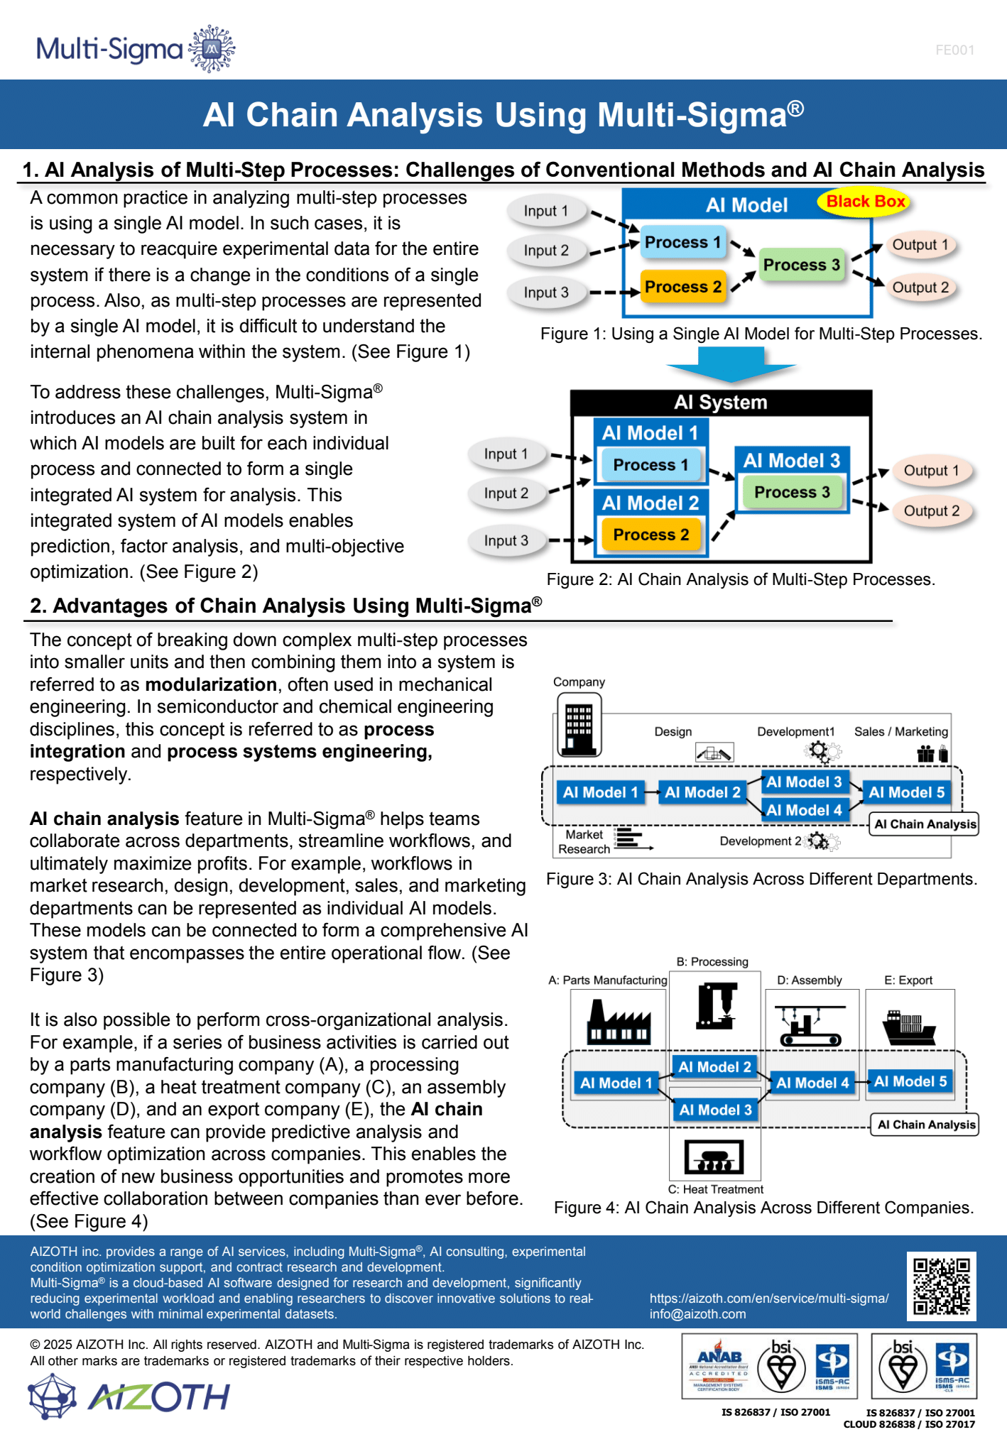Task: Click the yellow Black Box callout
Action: pyautogui.click(x=865, y=202)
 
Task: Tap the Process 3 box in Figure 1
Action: pyautogui.click(x=801, y=265)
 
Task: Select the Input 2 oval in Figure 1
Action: pyautogui.click(x=546, y=251)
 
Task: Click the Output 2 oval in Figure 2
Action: pyautogui.click(x=931, y=511)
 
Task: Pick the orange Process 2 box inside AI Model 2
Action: pyautogui.click(x=651, y=535)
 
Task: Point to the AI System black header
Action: pyautogui.click(x=721, y=403)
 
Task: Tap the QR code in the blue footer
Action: pyautogui.click(x=941, y=1286)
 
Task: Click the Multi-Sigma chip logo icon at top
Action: pyautogui.click(x=212, y=49)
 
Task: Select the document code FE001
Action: pyautogui.click(x=954, y=50)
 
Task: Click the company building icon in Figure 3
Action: pyautogui.click(x=579, y=724)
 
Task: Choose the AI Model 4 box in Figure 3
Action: pyautogui.click(x=804, y=810)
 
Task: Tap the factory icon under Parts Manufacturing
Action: pyautogui.click(x=618, y=1022)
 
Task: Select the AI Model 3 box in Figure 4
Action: pyautogui.click(x=715, y=1110)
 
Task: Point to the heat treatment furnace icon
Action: pyautogui.click(x=714, y=1157)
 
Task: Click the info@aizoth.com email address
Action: pyautogui.click(x=697, y=1314)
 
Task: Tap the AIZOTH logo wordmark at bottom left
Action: pyautogui.click(x=158, y=1397)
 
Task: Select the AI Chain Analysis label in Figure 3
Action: pyautogui.click(x=925, y=824)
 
